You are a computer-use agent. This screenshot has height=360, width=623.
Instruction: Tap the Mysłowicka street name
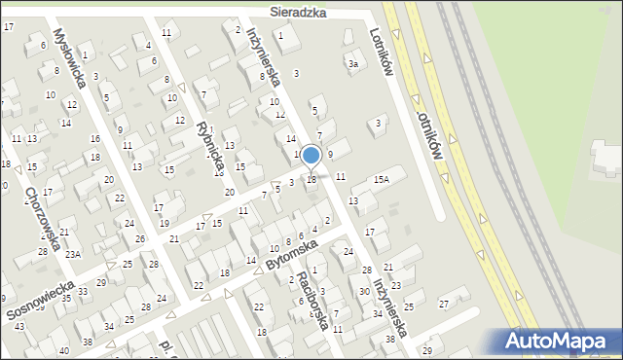pos(70,58)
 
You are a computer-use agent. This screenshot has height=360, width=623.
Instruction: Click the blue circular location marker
pos(311,155)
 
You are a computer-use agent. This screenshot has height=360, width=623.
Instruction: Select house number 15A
pos(382,179)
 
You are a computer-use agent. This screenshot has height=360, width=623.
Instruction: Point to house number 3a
pos(354,64)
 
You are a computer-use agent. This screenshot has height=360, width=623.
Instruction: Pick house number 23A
pos(72,254)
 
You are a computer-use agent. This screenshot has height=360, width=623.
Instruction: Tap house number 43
pos(19,326)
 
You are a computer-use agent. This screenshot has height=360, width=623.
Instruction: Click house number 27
pos(443,305)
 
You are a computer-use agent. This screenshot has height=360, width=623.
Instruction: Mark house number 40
pos(64,350)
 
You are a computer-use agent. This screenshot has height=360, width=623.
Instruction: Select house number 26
pos(140,238)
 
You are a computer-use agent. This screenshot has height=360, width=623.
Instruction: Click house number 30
pos(363,292)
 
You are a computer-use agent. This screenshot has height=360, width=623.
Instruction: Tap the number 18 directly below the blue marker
pos(311,180)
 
